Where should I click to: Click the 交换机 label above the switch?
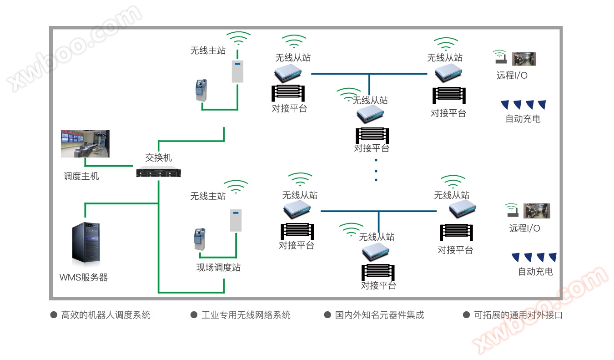pos(159,158)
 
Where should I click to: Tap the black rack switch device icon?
pos(159,172)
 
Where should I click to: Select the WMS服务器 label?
pos(84,278)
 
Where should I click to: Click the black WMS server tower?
pos(86,243)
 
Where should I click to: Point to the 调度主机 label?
pos(81,176)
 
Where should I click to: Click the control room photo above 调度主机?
pos(85,144)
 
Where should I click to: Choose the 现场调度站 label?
pos(218,268)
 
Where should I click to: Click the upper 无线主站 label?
pos(208,51)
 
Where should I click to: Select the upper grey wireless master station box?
pos(237,71)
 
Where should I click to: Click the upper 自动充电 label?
pos(523,119)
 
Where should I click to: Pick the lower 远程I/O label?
pos(524,228)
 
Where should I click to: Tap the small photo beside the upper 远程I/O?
pos(524,59)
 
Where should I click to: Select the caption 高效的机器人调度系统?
pos(106,315)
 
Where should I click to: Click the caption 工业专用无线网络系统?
pos(246,315)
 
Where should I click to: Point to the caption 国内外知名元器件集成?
pos(379,315)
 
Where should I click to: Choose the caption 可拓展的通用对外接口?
pos(518,315)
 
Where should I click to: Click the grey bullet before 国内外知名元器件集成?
pos(327,315)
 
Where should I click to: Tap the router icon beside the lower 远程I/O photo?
pos(512,211)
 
